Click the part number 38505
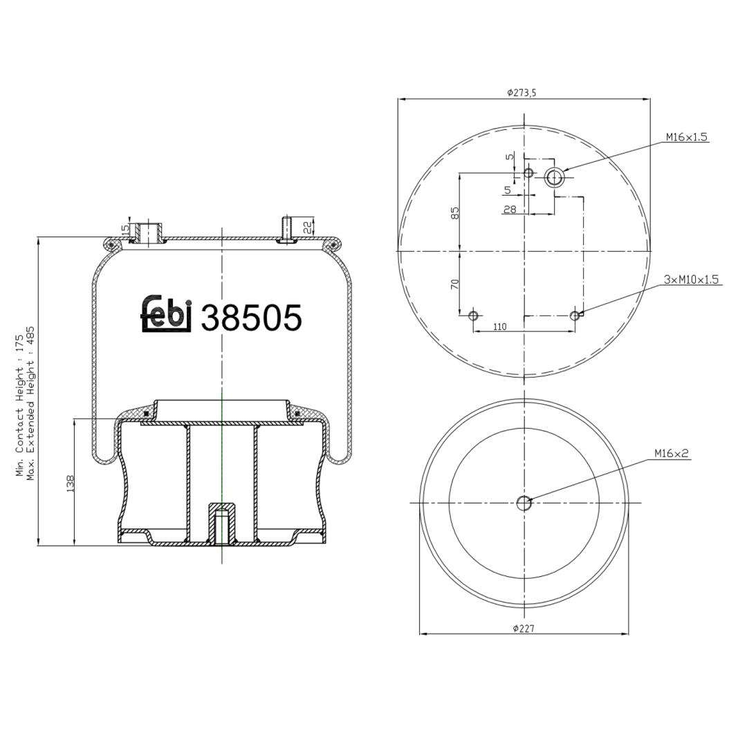point(252,317)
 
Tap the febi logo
point(166,313)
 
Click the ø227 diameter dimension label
point(524,628)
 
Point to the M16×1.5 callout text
point(687,137)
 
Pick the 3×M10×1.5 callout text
point(691,279)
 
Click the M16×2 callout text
point(672,453)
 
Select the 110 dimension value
point(500,326)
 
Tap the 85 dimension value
point(455,212)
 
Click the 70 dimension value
point(455,284)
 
